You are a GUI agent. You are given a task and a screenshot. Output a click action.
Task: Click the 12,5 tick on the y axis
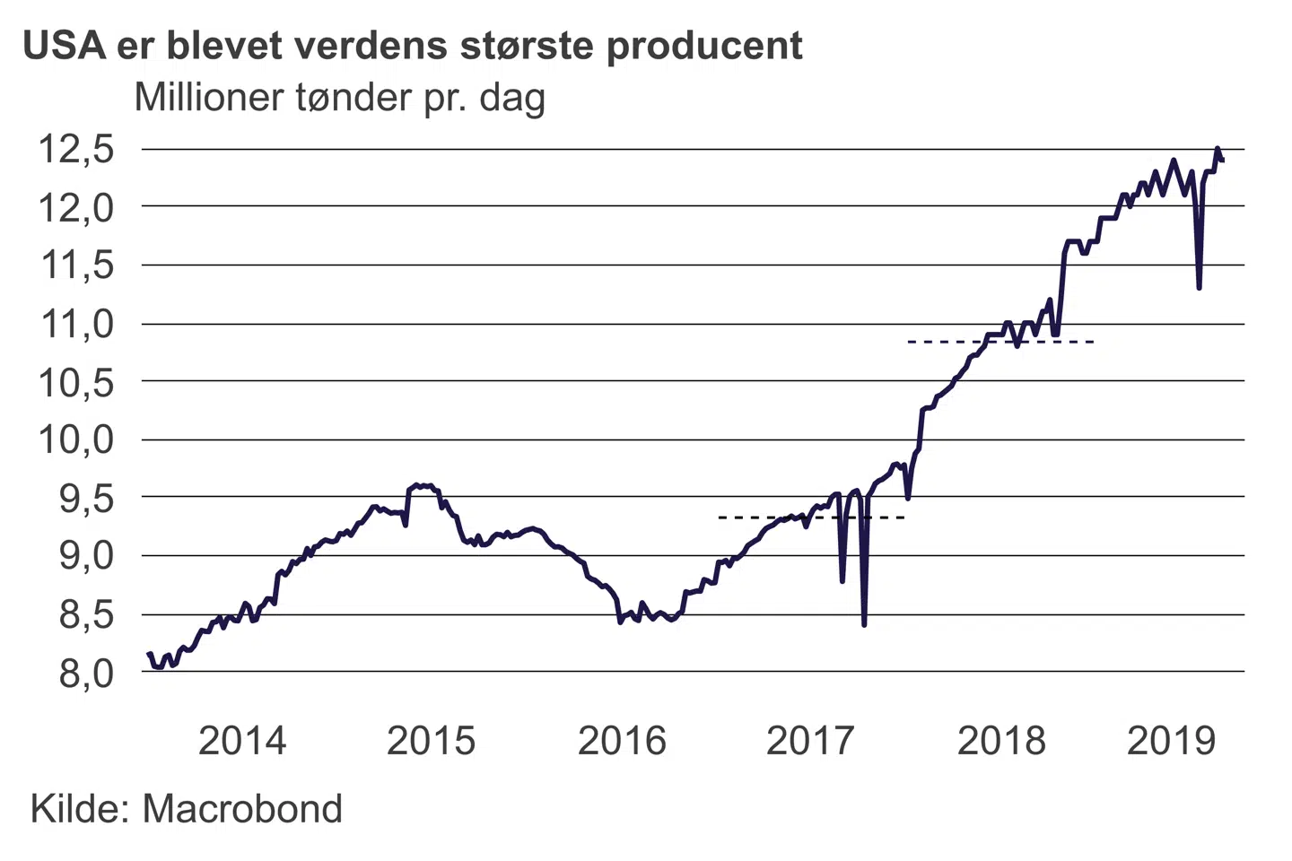(x=76, y=149)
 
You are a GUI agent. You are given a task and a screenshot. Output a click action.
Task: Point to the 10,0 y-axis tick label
(x=76, y=439)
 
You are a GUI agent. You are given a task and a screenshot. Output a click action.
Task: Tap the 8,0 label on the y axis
(x=87, y=673)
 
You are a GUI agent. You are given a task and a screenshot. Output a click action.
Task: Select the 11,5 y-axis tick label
(x=76, y=265)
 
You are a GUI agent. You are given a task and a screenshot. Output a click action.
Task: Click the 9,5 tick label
(x=87, y=498)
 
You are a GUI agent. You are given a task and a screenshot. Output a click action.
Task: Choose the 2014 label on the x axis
(x=242, y=741)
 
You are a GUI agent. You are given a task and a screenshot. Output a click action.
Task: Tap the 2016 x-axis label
(x=622, y=741)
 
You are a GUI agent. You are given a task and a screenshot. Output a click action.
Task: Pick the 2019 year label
(x=1171, y=741)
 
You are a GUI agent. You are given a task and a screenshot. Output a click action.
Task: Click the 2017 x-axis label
(x=811, y=741)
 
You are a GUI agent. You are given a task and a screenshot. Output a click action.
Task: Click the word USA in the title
(x=65, y=45)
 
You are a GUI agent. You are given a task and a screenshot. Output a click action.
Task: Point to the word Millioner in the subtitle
(x=209, y=97)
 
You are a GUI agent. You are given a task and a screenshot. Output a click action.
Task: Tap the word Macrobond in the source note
(x=242, y=809)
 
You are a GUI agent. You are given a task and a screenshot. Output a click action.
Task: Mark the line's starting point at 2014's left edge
(x=148, y=654)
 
